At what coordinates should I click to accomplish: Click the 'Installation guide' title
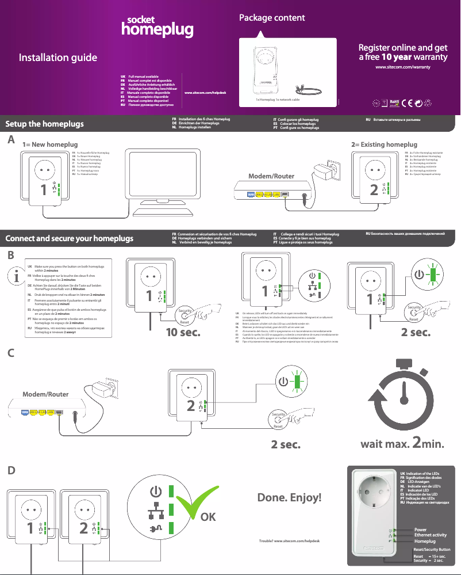coord(57,58)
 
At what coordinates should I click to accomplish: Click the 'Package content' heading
coord(272,18)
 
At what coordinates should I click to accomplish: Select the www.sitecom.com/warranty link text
coord(402,67)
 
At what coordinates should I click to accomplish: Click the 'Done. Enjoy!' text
coord(289,497)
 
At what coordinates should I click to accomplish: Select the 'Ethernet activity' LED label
coord(430,535)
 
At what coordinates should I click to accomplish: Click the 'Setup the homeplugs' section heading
coord(45,124)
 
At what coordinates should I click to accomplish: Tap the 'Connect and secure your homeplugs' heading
coord(69,238)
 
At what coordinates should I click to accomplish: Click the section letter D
coord(11,470)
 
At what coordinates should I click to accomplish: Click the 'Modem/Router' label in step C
coord(45,394)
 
